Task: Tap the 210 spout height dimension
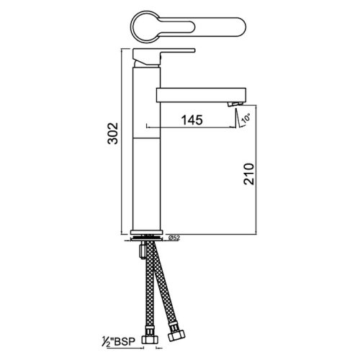[x=248, y=173]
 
